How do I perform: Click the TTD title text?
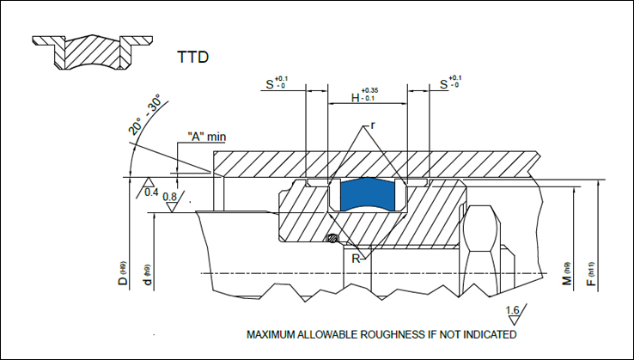pos(193,58)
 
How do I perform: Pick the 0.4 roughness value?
pos(152,191)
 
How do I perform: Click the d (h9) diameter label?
pos(149,276)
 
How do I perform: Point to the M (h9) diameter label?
pos(568,276)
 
